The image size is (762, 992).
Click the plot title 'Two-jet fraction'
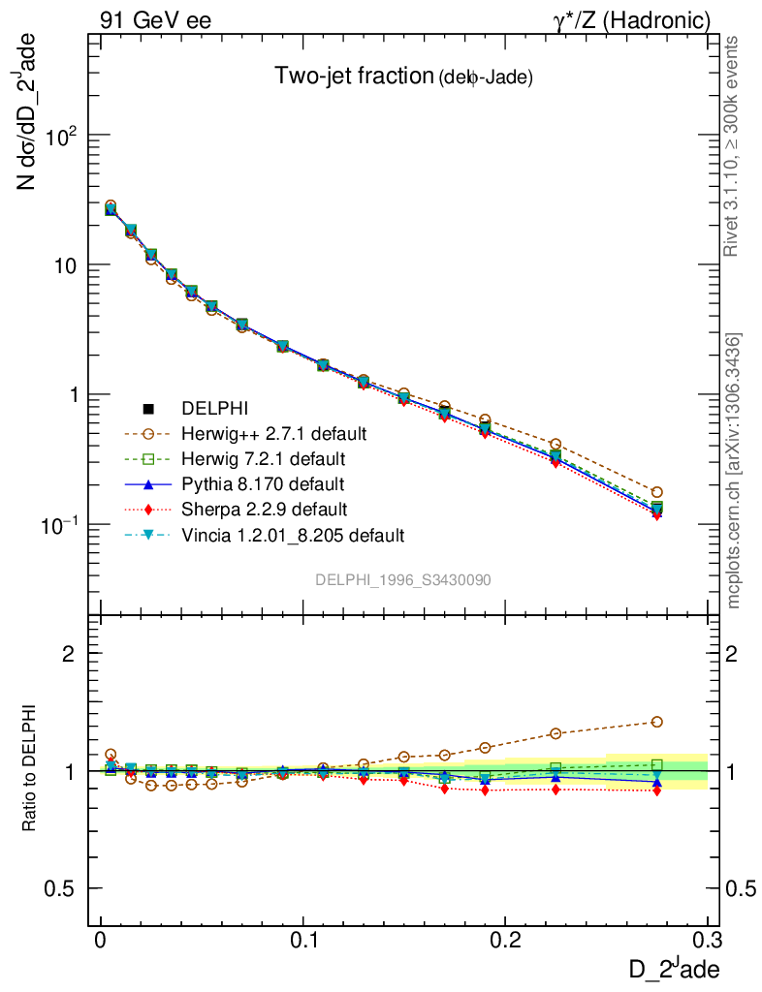point(354,77)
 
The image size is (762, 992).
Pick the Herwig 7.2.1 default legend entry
point(270,457)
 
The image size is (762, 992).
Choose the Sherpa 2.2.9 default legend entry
point(265,509)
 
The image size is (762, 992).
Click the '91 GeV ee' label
point(155,20)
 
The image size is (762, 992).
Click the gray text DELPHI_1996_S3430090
point(402,579)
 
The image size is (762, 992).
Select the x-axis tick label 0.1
point(305,940)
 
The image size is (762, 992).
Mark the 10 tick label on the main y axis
point(66,265)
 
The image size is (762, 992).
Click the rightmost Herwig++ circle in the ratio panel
point(657,722)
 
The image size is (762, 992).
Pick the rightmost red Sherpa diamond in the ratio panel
point(657,790)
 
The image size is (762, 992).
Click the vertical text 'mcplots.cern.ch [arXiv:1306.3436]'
point(735,470)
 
